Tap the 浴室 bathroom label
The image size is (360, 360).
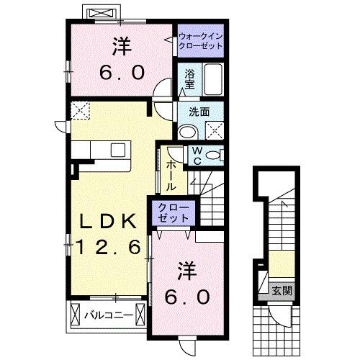pos(190,78)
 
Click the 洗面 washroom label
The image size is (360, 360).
pos(199,112)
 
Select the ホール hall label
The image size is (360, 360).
pos(171,175)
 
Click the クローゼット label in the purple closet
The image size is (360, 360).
pos(173,212)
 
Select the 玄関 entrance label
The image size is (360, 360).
pos(282,291)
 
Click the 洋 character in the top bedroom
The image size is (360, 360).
pos(120,46)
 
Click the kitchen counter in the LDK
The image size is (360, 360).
pos(102,150)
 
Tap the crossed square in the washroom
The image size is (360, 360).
pos(214,130)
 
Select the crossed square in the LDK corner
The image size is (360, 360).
pos(78,111)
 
